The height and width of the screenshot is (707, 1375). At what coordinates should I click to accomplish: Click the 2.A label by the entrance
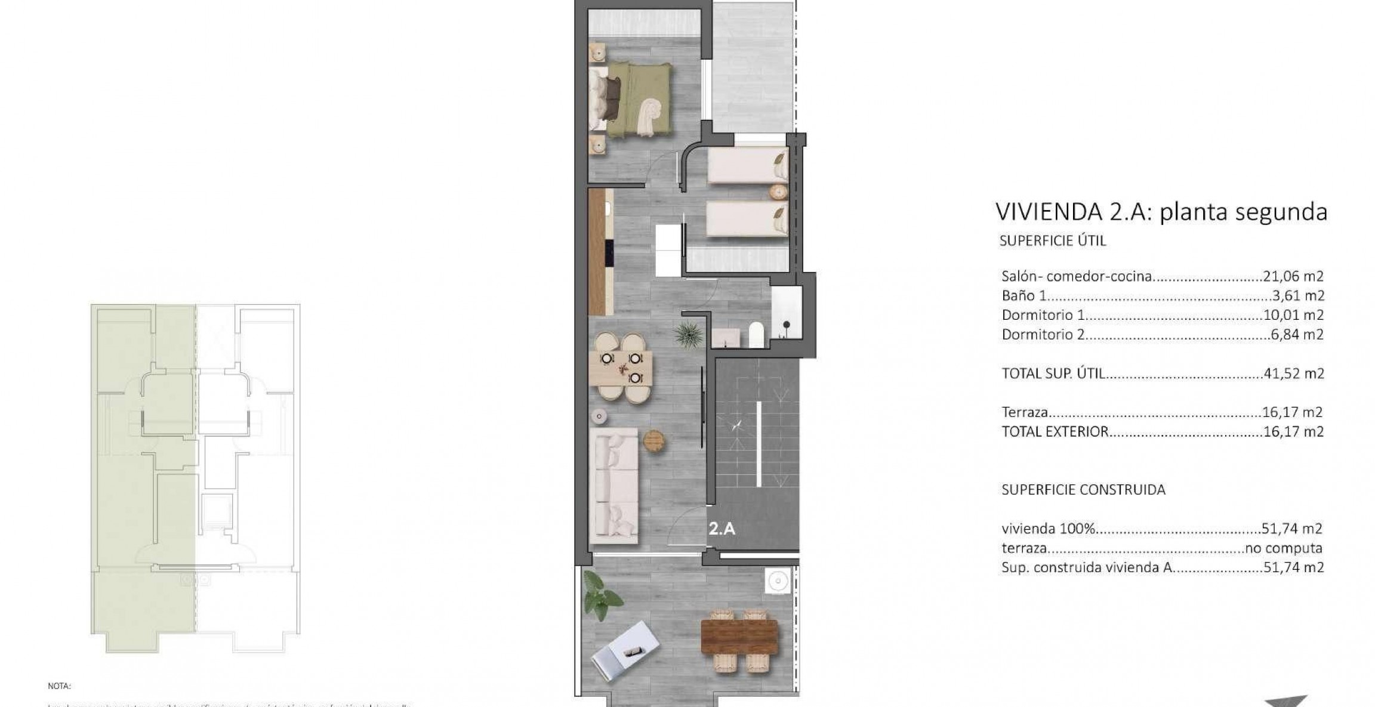point(722,529)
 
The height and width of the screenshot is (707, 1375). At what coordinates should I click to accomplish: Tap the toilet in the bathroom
point(756,335)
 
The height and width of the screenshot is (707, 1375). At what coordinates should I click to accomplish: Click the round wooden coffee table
point(654,441)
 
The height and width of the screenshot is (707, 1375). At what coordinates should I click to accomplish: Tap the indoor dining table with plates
point(621,368)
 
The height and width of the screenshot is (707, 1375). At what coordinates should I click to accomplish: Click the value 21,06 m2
point(1293,276)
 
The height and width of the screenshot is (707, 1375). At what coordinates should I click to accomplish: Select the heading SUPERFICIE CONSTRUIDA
point(1083,490)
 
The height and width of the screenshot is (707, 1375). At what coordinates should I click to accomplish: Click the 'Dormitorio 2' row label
point(1043,335)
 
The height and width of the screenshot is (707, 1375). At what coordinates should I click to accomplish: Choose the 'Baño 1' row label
point(1023,296)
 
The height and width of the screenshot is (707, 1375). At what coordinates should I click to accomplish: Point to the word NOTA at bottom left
point(59,687)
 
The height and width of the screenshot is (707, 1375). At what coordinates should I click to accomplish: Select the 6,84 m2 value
point(1297,335)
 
